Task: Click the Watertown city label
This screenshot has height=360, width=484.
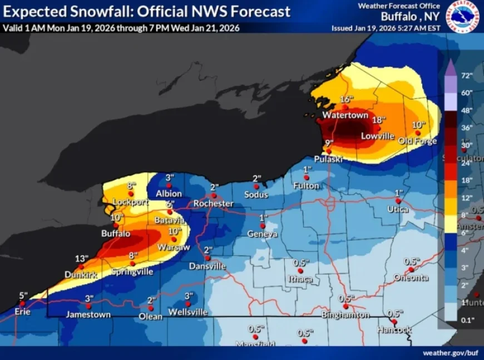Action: click(x=345, y=115)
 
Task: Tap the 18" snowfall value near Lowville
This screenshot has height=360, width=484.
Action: click(x=378, y=120)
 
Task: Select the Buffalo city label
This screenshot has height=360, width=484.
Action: click(x=116, y=234)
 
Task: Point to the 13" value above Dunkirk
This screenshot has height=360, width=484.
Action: click(x=82, y=259)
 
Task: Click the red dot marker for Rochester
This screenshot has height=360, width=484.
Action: click(x=213, y=195)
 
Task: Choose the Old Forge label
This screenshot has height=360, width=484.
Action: click(x=417, y=141)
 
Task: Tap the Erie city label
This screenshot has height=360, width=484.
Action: click(x=22, y=312)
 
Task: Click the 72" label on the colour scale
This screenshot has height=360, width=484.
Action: click(x=466, y=75)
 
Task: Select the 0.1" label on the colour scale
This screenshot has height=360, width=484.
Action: click(x=466, y=319)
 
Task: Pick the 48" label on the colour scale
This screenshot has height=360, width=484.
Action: click(x=466, y=110)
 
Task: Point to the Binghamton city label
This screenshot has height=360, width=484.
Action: click(x=345, y=315)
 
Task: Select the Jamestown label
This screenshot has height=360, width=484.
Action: click(x=88, y=314)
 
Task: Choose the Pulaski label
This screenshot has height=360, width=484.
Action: click(x=327, y=159)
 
